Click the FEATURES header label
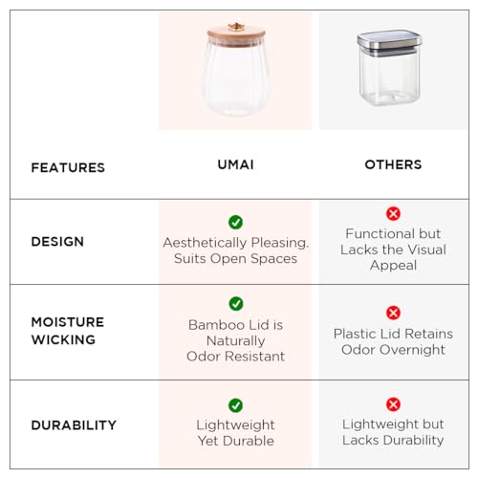point(68,167)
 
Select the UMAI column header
point(235,164)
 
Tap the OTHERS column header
point(393,164)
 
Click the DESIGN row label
point(57,242)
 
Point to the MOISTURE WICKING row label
point(68,331)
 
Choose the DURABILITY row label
point(74,425)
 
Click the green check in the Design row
point(235,222)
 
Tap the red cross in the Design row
point(393,213)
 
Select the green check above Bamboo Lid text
point(236,304)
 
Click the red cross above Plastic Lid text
point(393,313)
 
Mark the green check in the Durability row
point(235,405)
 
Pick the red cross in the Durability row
point(393,404)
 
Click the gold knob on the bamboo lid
point(236,27)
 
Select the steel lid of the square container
point(389,43)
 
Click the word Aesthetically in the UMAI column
point(205,243)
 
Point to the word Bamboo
point(216,325)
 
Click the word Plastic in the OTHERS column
point(355,334)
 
